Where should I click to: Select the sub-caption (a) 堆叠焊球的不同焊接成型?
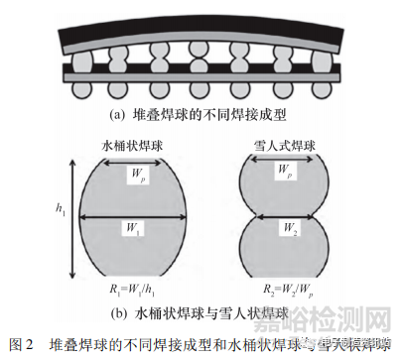point(201,114)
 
